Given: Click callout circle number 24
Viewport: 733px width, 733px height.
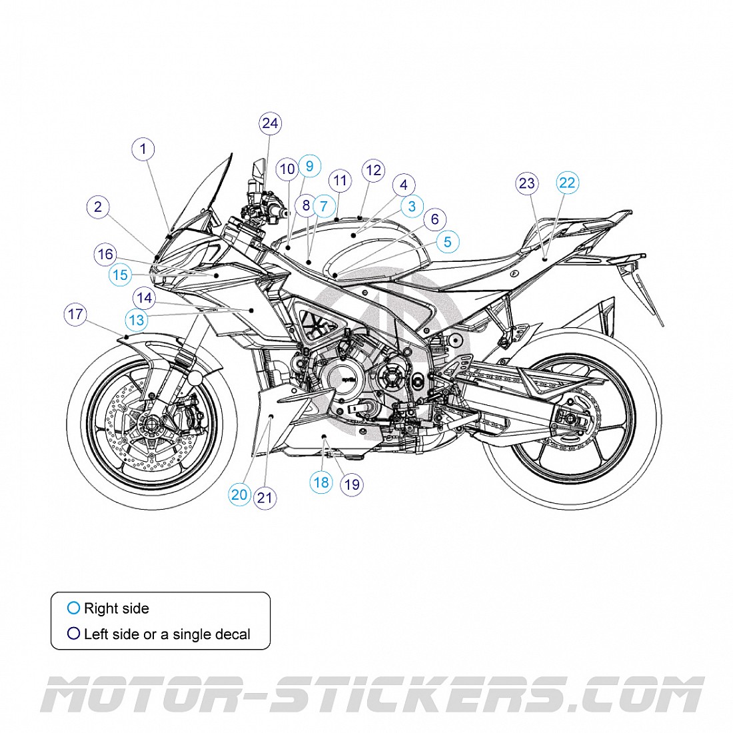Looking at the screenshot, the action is click(x=270, y=123).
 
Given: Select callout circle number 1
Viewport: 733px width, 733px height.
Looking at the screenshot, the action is click(x=143, y=149).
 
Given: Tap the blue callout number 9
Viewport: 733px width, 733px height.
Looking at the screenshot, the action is click(x=309, y=166).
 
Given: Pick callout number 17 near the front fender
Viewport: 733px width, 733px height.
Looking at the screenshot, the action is click(x=75, y=314).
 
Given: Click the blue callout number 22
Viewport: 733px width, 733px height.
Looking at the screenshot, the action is click(x=568, y=183).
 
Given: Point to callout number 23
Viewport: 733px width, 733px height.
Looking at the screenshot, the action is click(x=527, y=183).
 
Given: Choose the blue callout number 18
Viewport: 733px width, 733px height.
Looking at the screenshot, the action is click(x=321, y=482).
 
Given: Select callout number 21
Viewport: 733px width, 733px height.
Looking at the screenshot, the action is click(x=265, y=497).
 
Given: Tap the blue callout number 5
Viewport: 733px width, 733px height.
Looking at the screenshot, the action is click(x=447, y=242).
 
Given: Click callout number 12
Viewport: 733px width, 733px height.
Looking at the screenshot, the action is click(x=373, y=170).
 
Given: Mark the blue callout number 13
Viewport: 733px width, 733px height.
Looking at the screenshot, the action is click(x=137, y=321).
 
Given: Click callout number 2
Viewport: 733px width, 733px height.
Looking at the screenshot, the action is click(x=98, y=207).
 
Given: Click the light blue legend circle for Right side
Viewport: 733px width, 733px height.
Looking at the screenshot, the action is click(x=73, y=608).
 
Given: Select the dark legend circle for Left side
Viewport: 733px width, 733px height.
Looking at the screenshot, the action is click(x=73, y=634).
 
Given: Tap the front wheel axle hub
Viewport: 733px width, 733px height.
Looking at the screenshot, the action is click(x=151, y=424).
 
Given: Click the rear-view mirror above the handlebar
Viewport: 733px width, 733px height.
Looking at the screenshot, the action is click(x=259, y=171).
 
